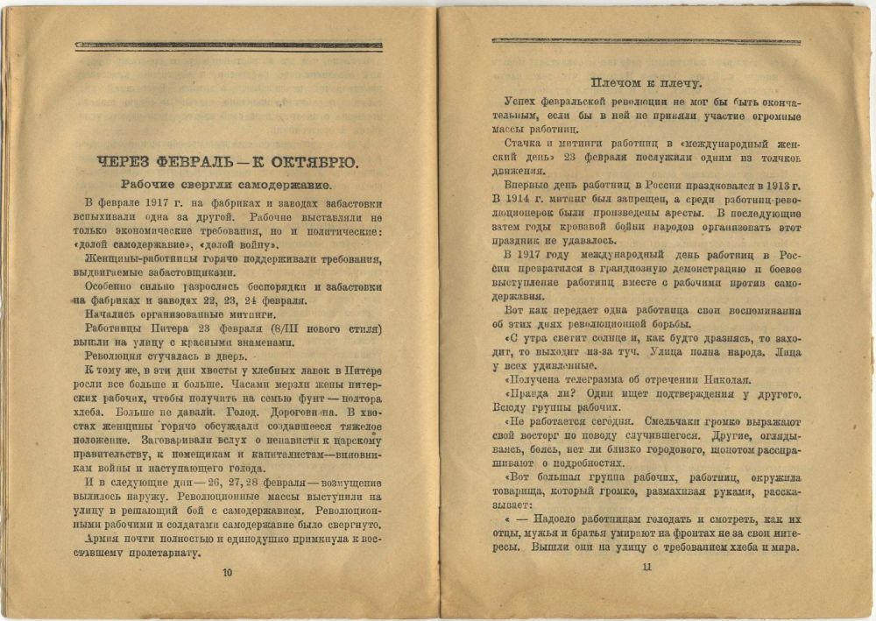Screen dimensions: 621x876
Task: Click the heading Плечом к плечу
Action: click(x=646, y=83)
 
